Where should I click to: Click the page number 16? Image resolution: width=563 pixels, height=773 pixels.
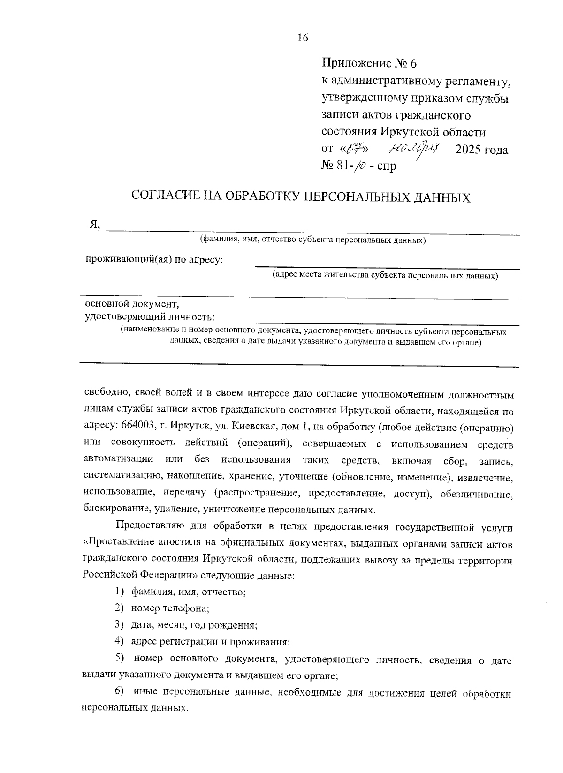[303, 38]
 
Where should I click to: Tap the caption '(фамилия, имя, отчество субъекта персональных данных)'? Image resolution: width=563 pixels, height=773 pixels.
[312, 240]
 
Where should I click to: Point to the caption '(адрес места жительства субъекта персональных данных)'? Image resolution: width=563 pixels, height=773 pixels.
[385, 276]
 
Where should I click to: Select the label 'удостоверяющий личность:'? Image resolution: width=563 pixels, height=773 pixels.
[150, 317]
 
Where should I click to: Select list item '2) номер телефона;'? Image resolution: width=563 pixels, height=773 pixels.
[162, 608]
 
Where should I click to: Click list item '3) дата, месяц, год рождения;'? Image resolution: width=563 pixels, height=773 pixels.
[186, 625]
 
